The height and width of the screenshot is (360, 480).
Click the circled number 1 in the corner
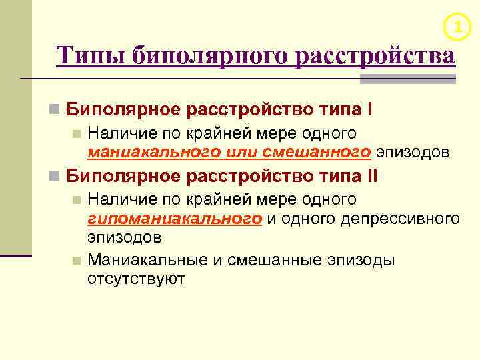pyautogui.click(x=457, y=27)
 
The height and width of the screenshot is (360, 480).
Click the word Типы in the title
pyautogui.click(x=90, y=55)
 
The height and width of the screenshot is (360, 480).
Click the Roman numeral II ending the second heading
pyautogui.click(x=371, y=176)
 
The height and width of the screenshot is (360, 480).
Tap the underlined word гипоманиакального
pyautogui.click(x=174, y=219)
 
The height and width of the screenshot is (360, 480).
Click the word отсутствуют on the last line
pyautogui.click(x=136, y=279)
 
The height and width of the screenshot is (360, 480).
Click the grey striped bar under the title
pyautogui.click(x=407, y=79)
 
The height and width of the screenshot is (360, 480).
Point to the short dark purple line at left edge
pyautogui.click(x=15, y=255)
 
